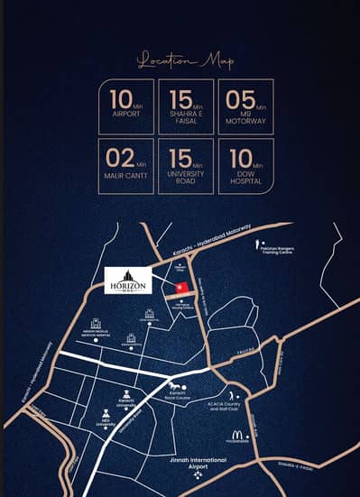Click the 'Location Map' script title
tap(184, 61)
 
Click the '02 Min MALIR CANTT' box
tap(125, 166)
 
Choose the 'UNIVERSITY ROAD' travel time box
tap(185, 166)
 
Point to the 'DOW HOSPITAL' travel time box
tap(245, 166)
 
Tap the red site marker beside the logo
tap(180, 287)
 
